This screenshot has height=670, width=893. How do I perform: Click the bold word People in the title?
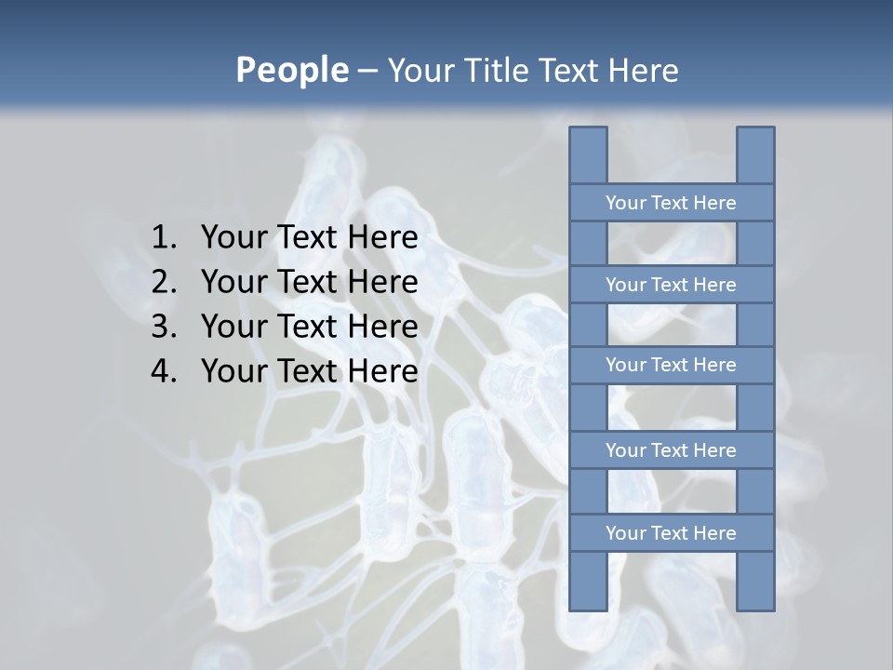point(291,71)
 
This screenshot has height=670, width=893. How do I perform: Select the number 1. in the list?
point(164,238)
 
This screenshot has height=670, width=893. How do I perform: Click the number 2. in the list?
point(164,282)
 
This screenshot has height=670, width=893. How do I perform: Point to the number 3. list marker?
point(164,327)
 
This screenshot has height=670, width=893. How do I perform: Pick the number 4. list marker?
point(164,371)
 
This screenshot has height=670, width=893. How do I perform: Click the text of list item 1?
point(309,238)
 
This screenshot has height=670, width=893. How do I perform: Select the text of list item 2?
point(309,282)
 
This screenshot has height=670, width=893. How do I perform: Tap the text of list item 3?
point(309,327)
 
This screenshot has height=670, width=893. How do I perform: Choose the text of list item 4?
point(309,371)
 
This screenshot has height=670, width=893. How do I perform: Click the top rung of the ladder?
point(671,203)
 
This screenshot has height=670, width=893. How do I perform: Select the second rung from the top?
point(671,285)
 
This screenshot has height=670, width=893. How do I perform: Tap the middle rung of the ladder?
point(671,365)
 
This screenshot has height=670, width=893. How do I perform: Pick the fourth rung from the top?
point(671,450)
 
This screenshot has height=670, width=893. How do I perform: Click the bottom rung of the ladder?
point(671,533)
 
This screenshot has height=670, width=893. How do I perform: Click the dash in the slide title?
point(367,71)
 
